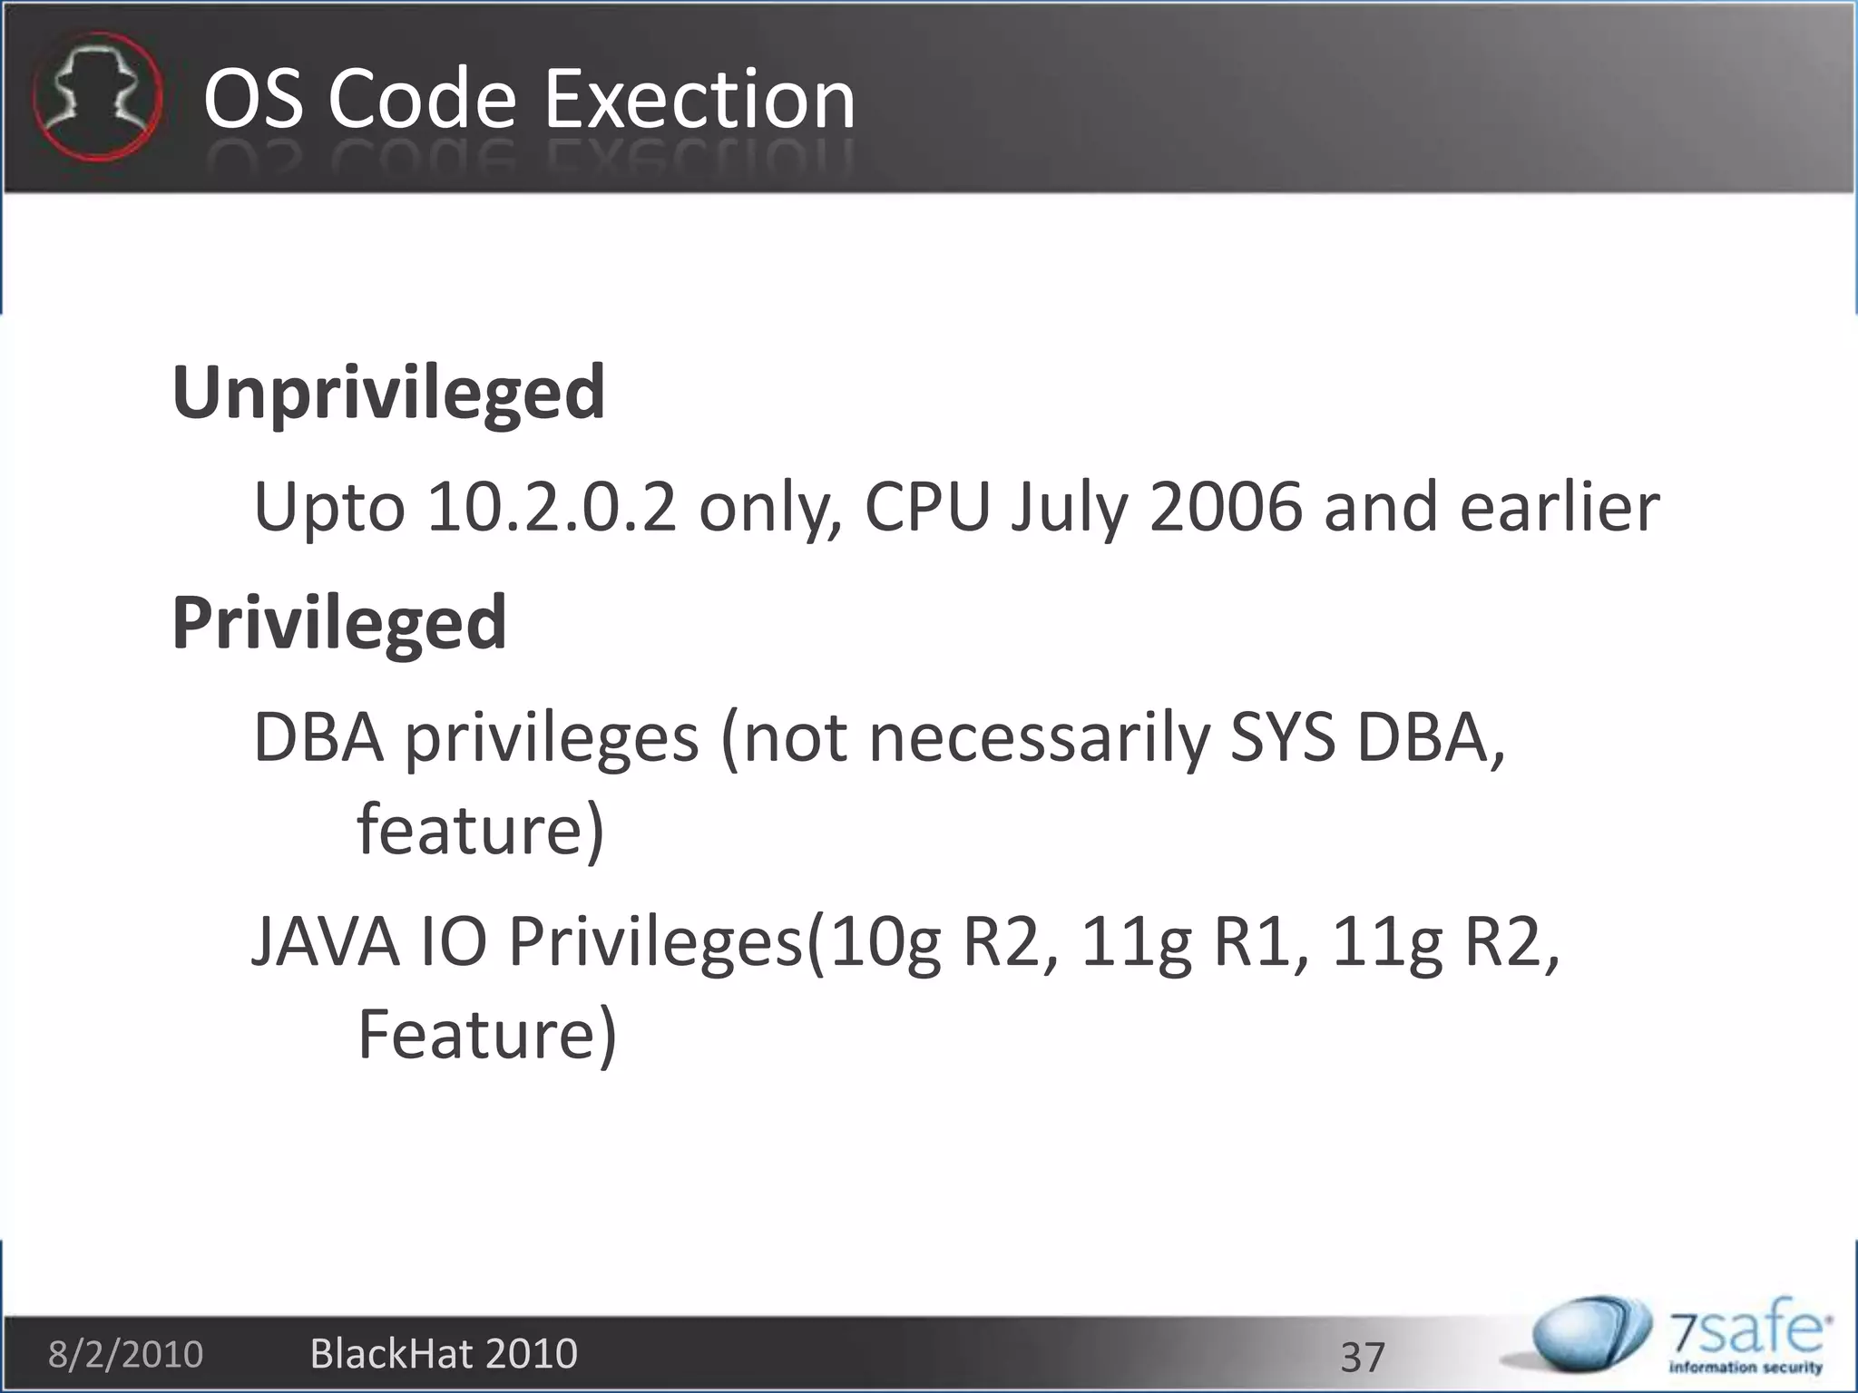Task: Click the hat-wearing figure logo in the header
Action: [97, 97]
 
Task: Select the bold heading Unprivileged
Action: [388, 394]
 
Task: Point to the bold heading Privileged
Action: [339, 623]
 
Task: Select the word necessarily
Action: [1039, 738]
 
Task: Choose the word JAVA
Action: [325, 942]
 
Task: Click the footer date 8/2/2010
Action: [125, 1354]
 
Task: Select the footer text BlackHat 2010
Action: [444, 1354]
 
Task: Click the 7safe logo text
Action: [1746, 1333]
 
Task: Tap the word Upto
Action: [328, 507]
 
